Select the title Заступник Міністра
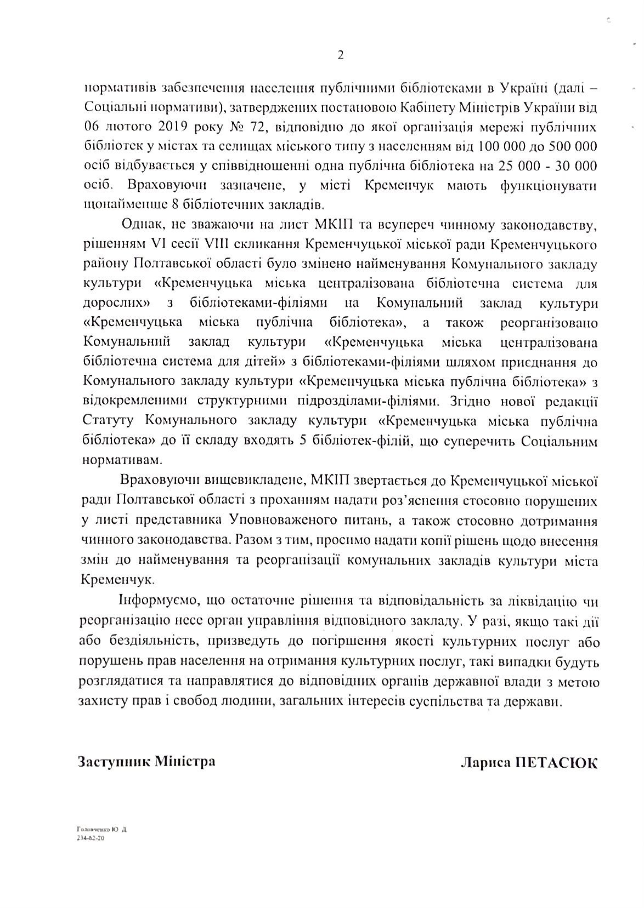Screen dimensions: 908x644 pos(146,762)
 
